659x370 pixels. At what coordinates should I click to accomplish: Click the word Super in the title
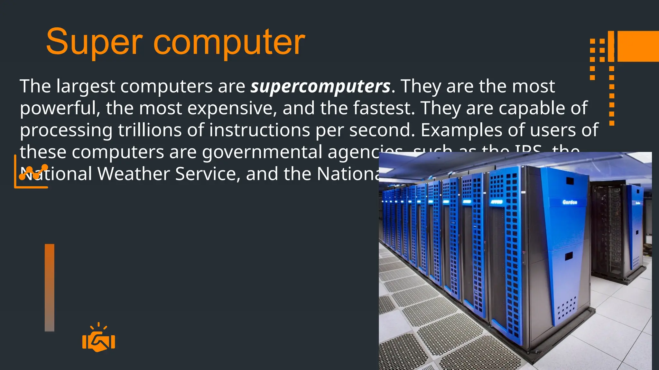click(94, 42)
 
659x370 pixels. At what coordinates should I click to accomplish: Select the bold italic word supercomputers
click(320, 86)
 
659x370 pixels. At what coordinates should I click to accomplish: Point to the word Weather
click(134, 174)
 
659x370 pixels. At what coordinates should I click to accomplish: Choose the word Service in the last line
click(208, 174)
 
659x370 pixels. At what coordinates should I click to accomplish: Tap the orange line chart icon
click(31, 172)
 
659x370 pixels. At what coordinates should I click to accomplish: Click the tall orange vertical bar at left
click(50, 287)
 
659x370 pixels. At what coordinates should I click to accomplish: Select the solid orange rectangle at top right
click(638, 46)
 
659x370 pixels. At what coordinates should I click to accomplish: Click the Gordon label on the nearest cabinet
click(570, 202)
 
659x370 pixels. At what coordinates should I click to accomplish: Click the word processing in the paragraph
click(66, 131)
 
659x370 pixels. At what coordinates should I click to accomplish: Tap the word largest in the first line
click(86, 86)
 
